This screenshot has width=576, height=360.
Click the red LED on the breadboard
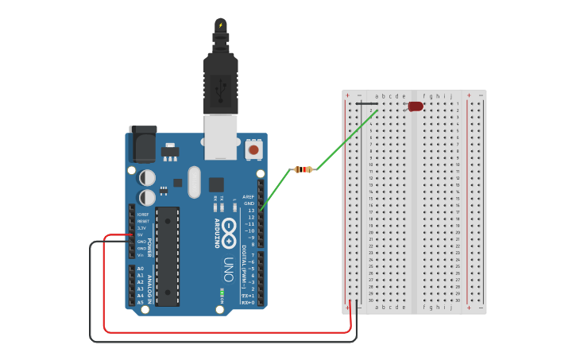click(416, 106)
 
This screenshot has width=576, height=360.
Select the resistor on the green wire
click(303, 169)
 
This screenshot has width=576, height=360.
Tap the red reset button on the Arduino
click(253, 149)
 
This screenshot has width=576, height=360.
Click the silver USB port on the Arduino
click(221, 136)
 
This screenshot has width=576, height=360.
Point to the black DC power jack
click(143, 145)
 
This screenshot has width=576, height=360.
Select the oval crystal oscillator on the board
click(195, 182)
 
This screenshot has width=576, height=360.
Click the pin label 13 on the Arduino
click(251, 211)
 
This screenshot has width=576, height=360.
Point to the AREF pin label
click(249, 197)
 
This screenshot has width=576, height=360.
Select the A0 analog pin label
click(141, 269)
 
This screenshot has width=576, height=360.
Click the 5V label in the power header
click(141, 235)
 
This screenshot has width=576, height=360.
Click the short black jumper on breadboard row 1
click(366, 103)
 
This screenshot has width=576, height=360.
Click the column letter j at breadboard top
click(450, 96)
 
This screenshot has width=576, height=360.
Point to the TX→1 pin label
click(248, 296)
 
